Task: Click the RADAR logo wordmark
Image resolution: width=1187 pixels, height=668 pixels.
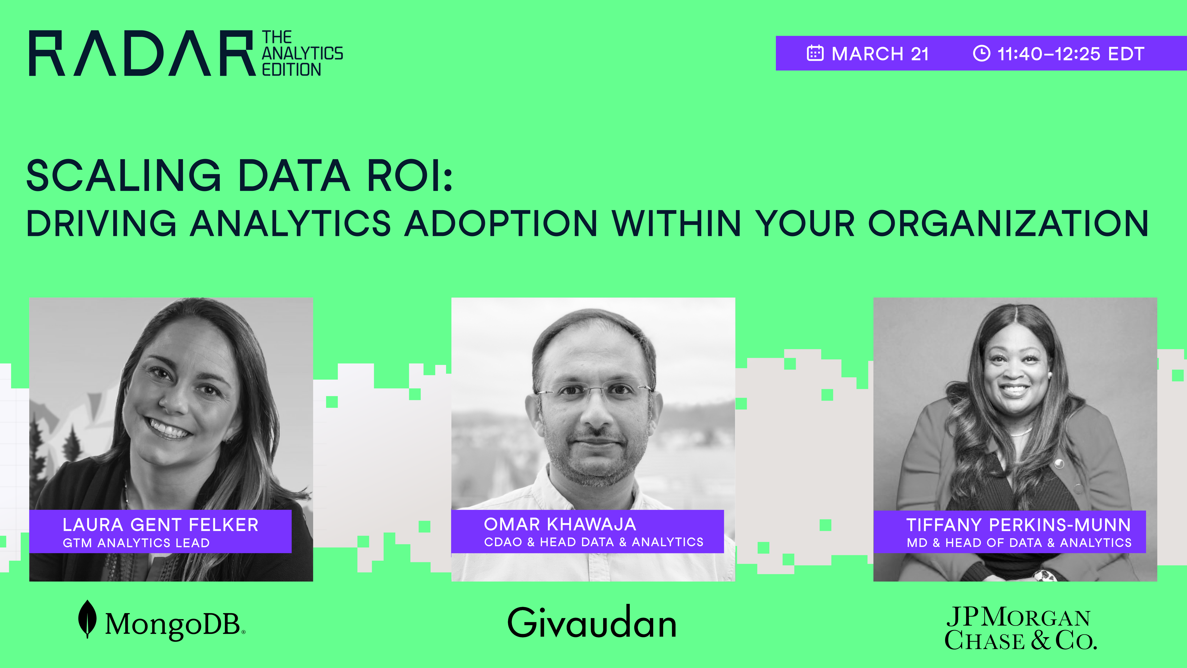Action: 142,54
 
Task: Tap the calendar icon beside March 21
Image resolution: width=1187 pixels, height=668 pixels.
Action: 815,54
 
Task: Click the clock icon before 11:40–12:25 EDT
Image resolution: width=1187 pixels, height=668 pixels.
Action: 981,54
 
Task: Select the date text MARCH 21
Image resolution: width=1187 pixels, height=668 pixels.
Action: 880,54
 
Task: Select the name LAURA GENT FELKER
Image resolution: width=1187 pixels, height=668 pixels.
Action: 160,525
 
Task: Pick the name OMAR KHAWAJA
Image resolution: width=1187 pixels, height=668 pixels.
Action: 560,524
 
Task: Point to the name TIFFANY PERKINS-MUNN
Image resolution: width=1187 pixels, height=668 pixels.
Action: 1018,525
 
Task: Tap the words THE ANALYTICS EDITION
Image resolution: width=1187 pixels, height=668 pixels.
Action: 302,54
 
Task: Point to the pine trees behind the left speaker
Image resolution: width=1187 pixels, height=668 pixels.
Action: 69,443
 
